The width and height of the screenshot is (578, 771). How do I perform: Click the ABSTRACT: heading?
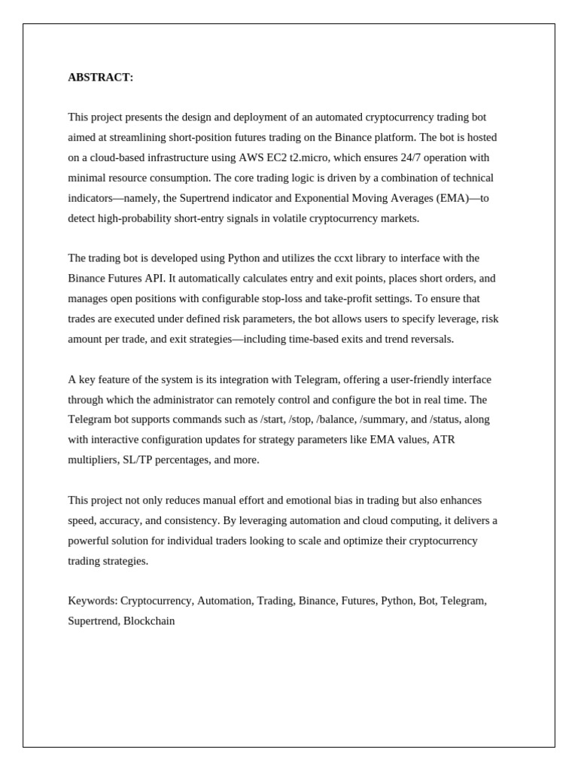tap(100, 78)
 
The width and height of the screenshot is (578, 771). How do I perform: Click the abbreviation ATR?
tap(442, 440)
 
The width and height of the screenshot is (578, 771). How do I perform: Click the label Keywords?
tap(93, 601)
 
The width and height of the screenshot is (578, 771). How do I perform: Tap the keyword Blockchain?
tap(149, 621)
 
